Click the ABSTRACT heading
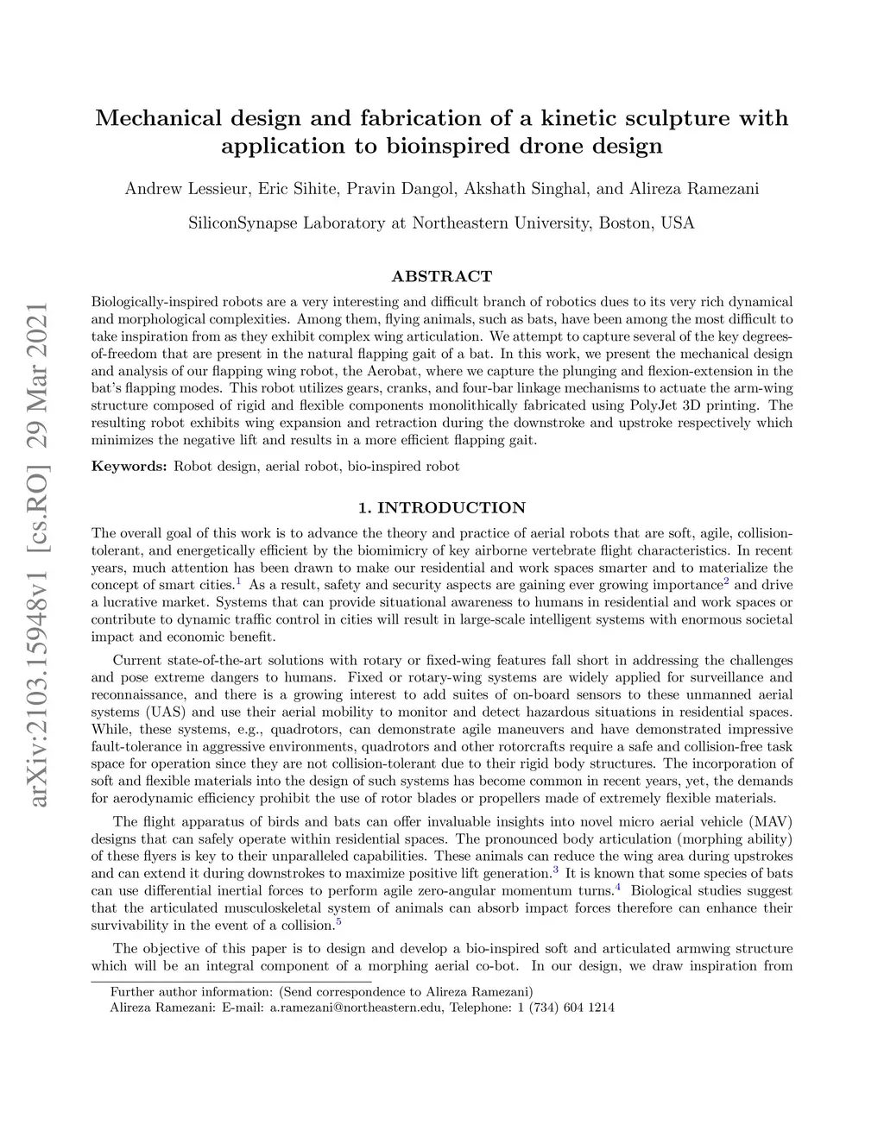click(x=441, y=277)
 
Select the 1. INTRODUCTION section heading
click(x=441, y=507)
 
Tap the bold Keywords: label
click(x=129, y=467)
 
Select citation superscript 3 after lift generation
click(x=556, y=870)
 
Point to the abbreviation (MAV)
click(x=771, y=820)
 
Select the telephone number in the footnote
click(x=565, y=1008)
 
